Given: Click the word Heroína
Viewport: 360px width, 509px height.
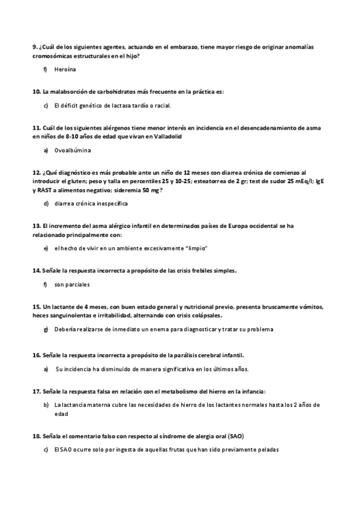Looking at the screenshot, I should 64,70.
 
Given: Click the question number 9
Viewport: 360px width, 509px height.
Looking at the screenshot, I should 35,47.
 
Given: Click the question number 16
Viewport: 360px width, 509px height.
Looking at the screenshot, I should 36,355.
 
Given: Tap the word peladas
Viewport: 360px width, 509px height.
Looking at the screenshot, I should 266,449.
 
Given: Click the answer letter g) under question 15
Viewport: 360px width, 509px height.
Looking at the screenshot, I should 46,329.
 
